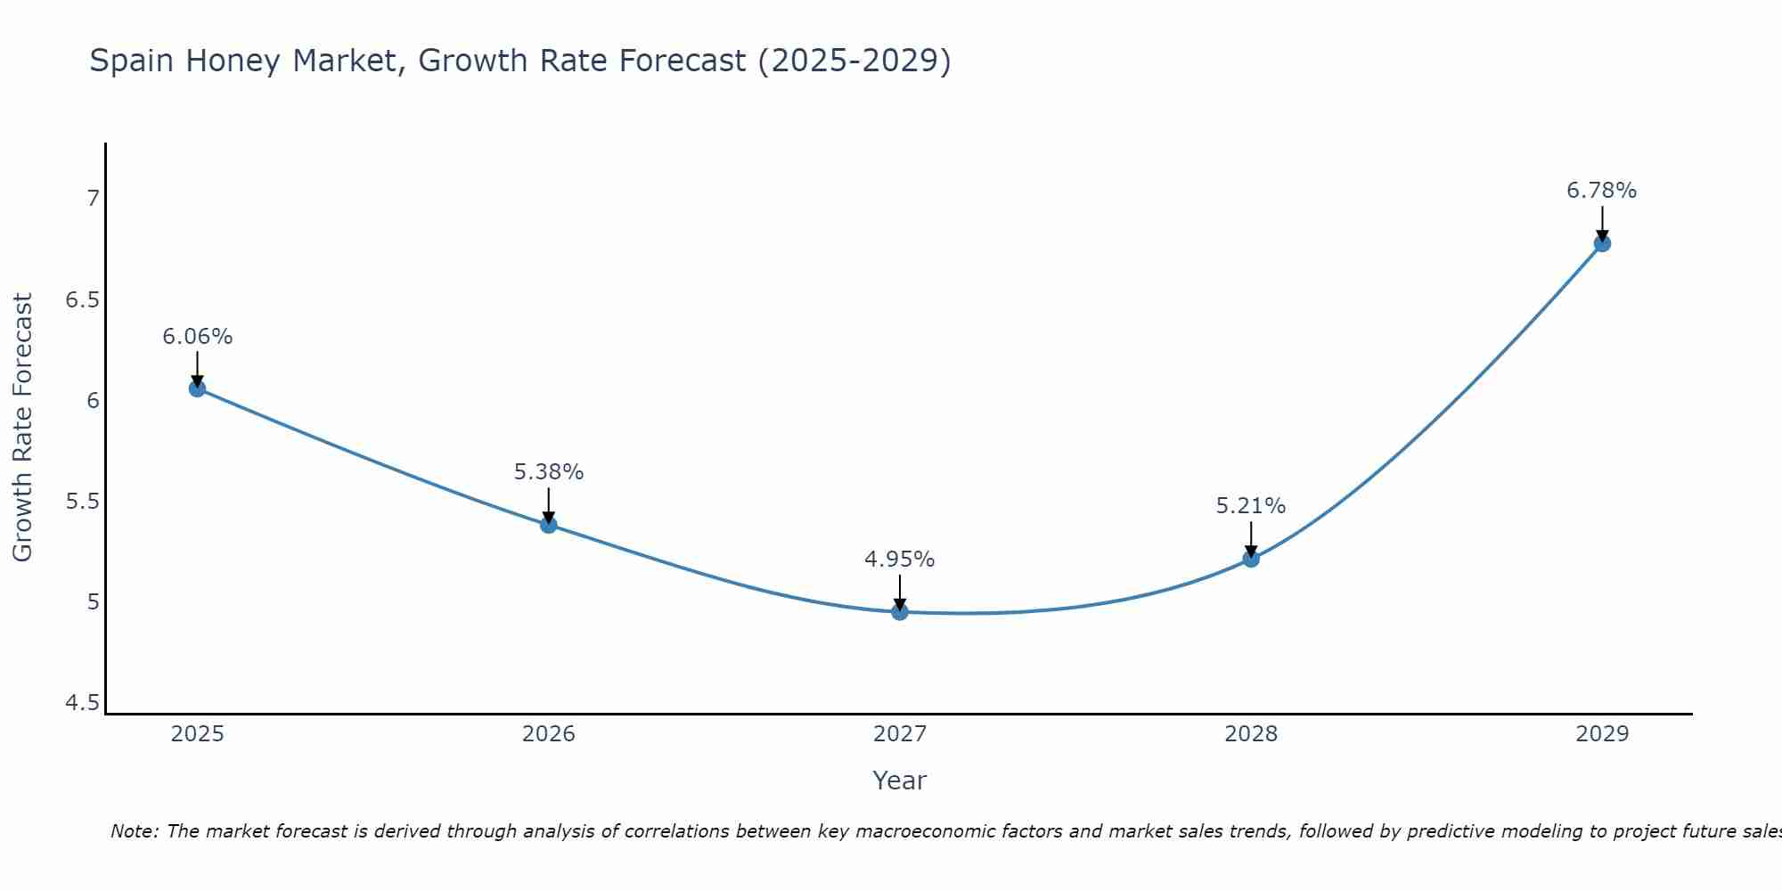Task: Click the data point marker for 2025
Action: click(197, 388)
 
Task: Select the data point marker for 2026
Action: click(549, 525)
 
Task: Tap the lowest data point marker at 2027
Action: click(900, 612)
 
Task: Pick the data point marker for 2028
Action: click(1251, 559)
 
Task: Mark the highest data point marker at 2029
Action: click(1602, 243)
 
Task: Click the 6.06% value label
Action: click(197, 337)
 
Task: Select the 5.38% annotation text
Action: click(549, 472)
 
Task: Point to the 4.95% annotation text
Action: click(900, 560)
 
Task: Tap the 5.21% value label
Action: click(1251, 506)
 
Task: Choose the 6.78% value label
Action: click(1602, 191)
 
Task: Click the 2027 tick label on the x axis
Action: click(900, 734)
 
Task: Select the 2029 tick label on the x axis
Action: click(1602, 734)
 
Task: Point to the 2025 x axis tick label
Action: click(197, 734)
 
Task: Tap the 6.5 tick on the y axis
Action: click(82, 299)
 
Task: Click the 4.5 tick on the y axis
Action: click(82, 704)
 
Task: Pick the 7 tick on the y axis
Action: click(93, 198)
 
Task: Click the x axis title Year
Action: click(900, 781)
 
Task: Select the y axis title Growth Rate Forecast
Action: click(22, 428)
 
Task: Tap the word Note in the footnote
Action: click(134, 831)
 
